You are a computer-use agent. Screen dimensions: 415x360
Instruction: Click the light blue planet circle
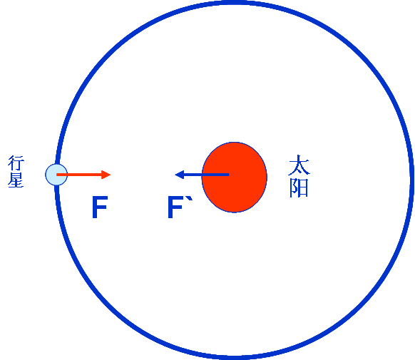point(56,175)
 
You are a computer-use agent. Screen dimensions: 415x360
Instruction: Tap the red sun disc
point(234,178)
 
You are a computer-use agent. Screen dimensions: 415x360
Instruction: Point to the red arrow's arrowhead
point(106,175)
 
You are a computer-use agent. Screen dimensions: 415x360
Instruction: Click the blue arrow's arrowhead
point(179,175)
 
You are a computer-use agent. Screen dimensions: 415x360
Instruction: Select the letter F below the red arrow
point(100,207)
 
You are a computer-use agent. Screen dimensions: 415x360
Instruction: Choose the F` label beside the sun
point(180,207)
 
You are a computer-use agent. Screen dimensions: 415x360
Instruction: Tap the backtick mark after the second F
point(190,199)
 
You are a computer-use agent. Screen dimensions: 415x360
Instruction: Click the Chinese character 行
point(16,163)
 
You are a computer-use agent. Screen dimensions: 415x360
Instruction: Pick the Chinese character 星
point(16,180)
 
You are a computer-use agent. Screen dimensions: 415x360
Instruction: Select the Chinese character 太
point(299,165)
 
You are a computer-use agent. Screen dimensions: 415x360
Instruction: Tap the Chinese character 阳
point(299,188)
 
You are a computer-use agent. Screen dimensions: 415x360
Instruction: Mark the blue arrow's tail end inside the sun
point(229,175)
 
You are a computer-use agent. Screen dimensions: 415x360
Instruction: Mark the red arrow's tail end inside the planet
point(56,175)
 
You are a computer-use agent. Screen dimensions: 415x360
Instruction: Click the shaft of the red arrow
point(79,175)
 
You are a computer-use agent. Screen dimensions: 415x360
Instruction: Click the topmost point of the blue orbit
point(235,2)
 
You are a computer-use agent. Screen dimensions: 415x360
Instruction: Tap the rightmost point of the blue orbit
point(412,180)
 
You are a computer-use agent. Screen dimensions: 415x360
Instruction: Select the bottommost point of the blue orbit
point(235,358)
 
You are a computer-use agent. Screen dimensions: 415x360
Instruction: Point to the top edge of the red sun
point(234,143)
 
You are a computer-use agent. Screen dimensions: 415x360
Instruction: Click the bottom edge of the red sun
point(234,212)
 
